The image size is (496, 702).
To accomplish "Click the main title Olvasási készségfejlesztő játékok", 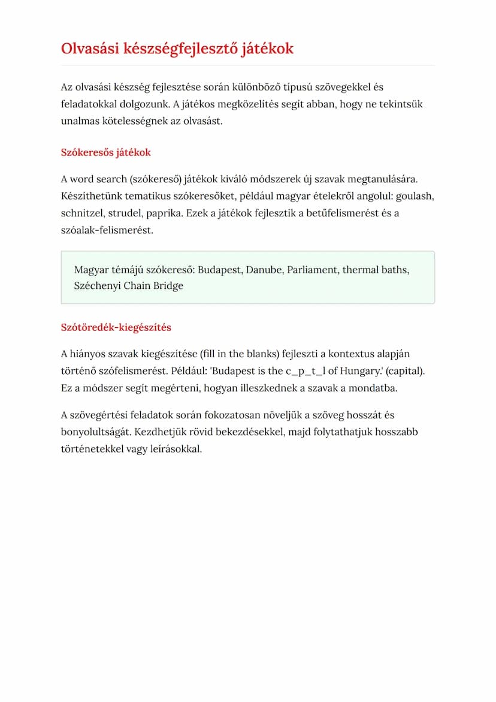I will coord(177,49).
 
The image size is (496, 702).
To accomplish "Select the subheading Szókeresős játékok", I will coord(105,152).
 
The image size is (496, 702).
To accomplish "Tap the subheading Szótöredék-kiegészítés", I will coord(116,327).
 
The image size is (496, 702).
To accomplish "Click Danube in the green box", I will coord(263,270).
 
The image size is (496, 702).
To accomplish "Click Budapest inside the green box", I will coord(220,270).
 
